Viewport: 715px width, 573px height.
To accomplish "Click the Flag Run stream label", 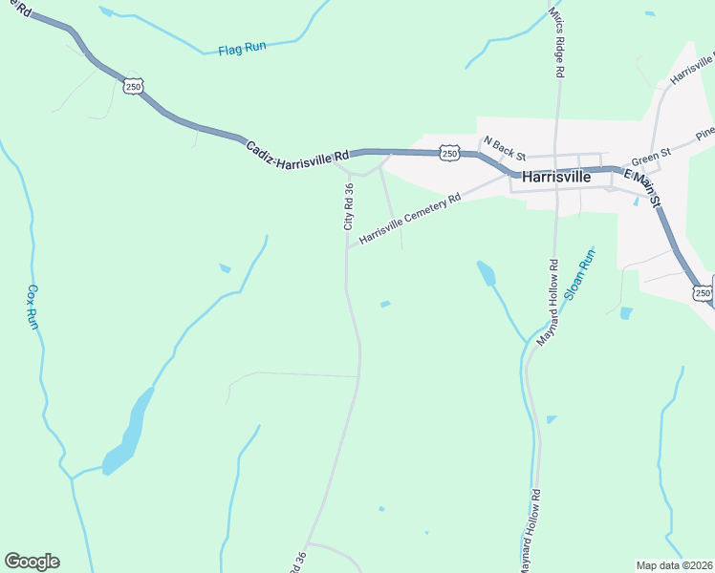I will (x=242, y=47).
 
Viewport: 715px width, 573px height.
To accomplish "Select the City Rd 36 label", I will (x=349, y=208).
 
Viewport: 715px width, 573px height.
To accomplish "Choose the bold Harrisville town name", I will (x=556, y=177).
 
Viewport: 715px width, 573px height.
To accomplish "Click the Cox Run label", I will (x=32, y=307).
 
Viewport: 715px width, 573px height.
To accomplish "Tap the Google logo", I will (x=32, y=562).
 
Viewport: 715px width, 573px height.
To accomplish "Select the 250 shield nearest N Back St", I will (x=448, y=153).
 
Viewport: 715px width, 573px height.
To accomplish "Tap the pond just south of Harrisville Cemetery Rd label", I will (x=487, y=273).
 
